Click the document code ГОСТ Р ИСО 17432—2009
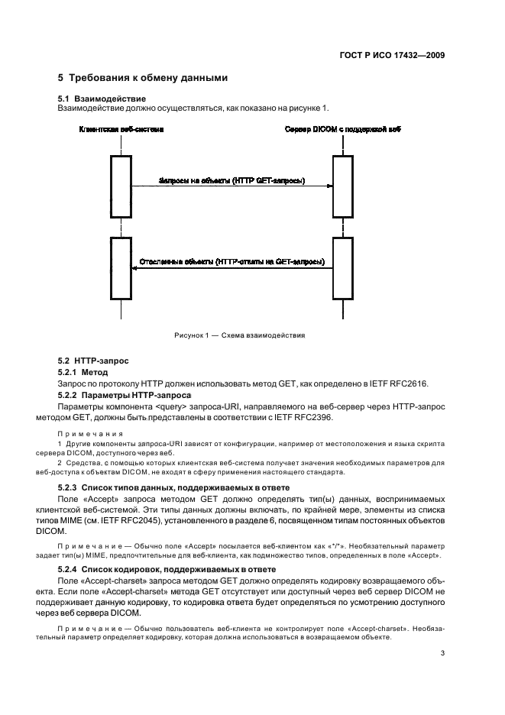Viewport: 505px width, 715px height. (393, 55)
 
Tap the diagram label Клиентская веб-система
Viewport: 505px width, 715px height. (121, 130)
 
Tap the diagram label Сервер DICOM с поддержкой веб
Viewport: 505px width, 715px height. (342, 130)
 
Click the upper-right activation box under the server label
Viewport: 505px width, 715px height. (343, 186)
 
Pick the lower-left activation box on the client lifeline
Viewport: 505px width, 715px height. (121, 267)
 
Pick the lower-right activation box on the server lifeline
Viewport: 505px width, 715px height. (343, 267)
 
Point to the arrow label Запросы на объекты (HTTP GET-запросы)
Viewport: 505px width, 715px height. (231, 180)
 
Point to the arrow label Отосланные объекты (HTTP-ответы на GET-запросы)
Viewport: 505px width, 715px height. (231, 261)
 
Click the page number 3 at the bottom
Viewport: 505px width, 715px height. (442, 654)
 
